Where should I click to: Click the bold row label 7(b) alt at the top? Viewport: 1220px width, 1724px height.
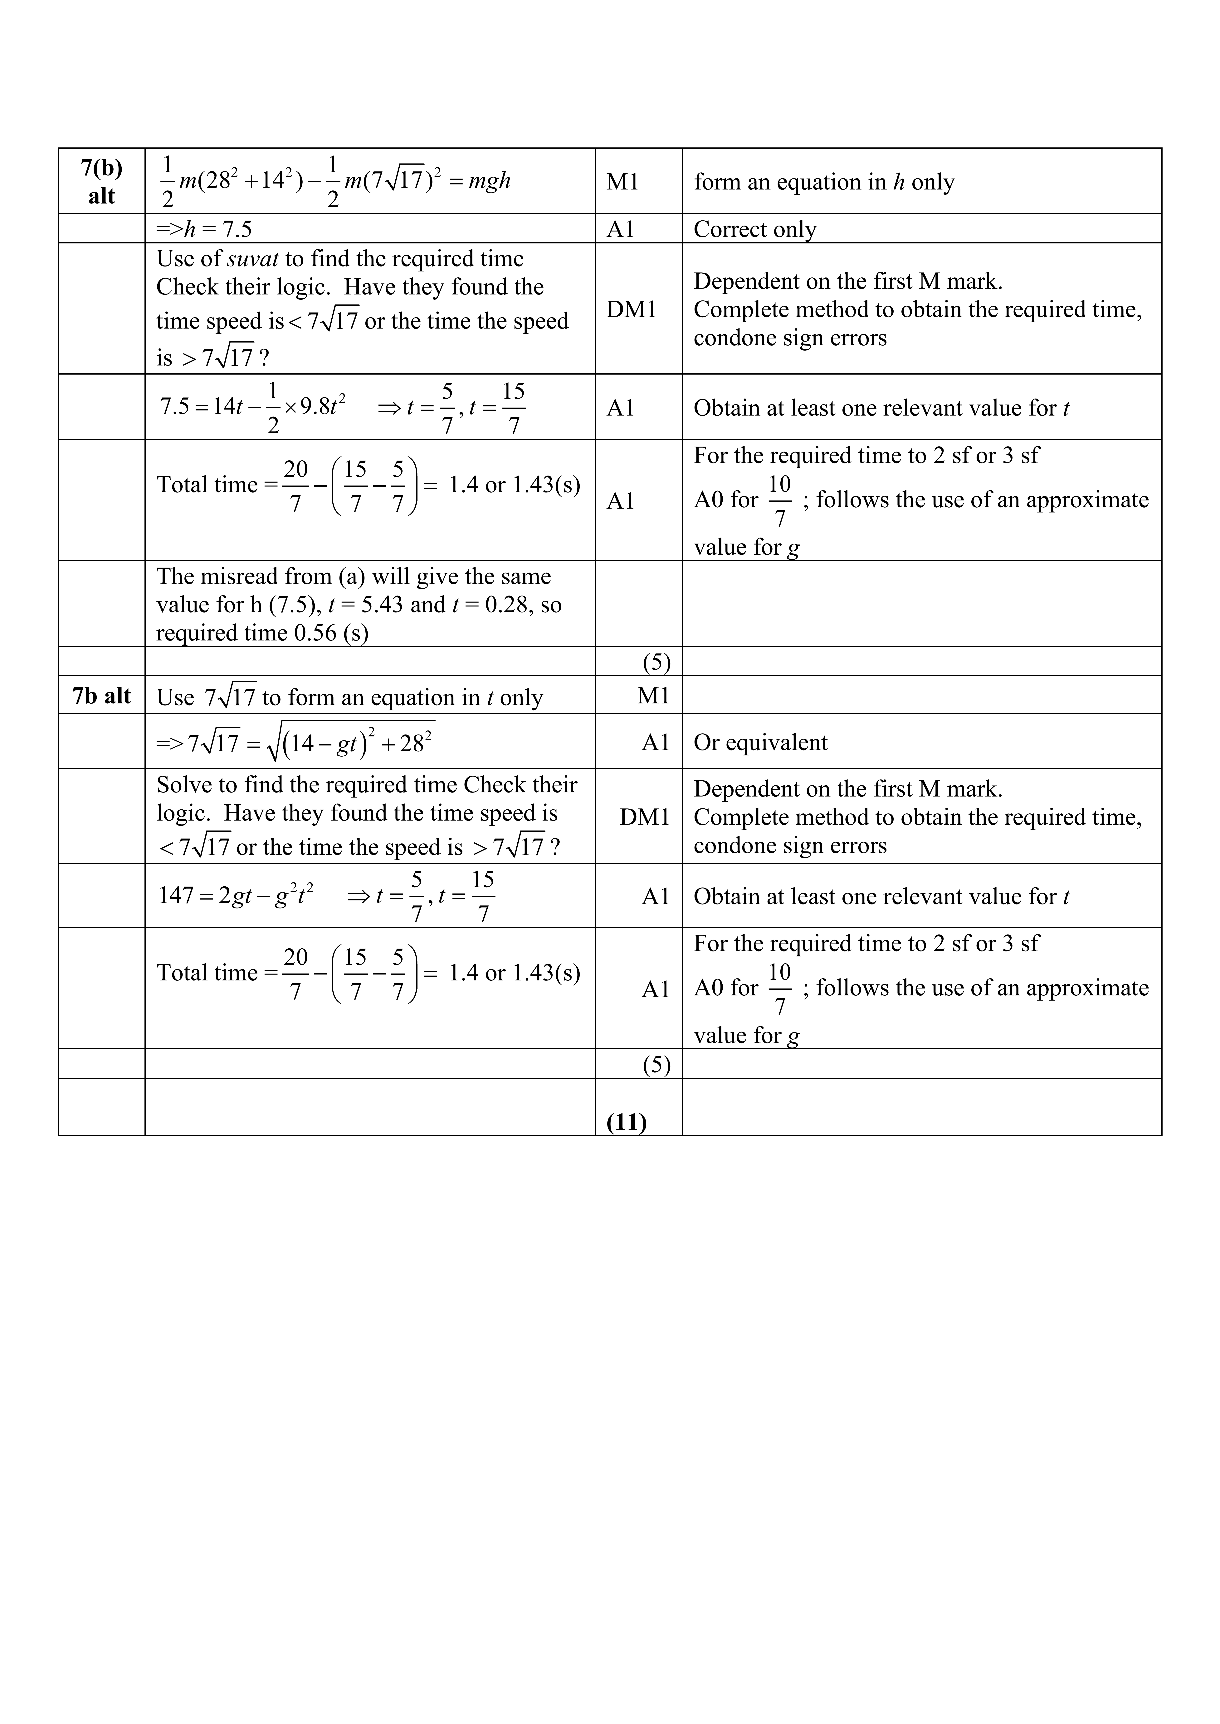click(x=101, y=181)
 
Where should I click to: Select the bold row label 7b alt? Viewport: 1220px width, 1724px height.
click(x=101, y=696)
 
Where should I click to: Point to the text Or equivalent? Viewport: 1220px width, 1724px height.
click(x=760, y=743)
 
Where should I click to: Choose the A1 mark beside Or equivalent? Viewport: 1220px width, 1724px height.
click(x=655, y=743)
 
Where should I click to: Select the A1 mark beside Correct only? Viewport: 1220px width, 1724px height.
click(x=621, y=229)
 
